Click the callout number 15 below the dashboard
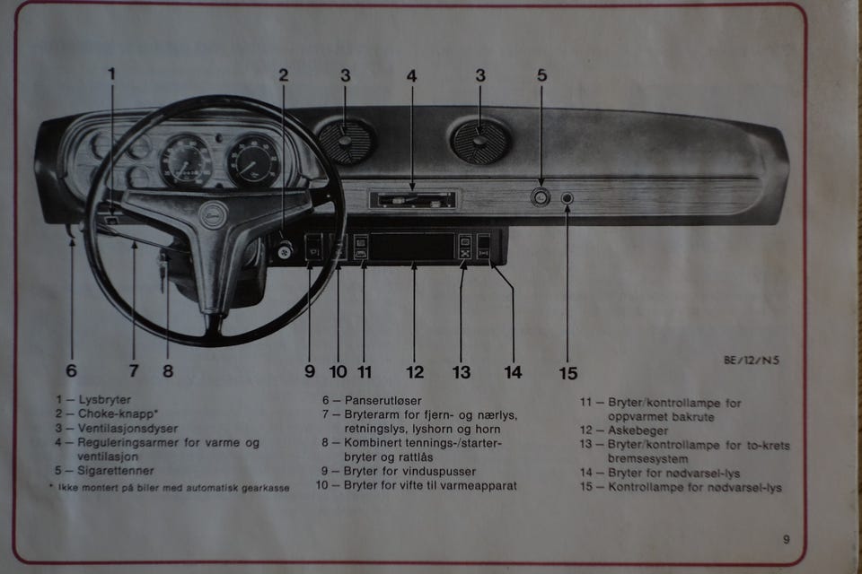(x=567, y=372)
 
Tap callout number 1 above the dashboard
(x=112, y=74)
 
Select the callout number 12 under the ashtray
(x=414, y=371)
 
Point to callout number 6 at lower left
(x=72, y=370)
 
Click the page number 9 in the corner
(x=786, y=539)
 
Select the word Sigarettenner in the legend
(x=116, y=470)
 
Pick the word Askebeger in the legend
(x=638, y=430)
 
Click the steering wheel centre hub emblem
(x=212, y=215)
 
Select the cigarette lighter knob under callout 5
(x=540, y=197)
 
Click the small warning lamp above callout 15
(x=567, y=197)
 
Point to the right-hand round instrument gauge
(x=253, y=161)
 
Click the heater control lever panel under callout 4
(x=414, y=198)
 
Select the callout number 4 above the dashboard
(x=411, y=76)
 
